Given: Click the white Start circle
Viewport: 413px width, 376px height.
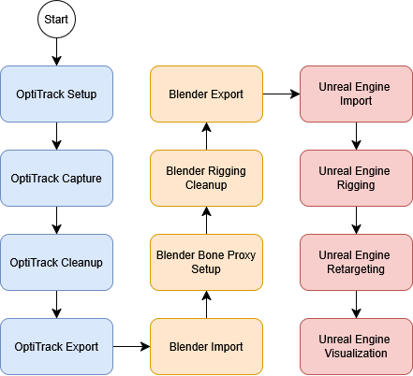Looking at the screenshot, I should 56,20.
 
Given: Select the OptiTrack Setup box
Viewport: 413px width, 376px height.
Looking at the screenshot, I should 56,94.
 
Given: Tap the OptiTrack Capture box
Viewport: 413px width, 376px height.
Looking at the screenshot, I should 56,178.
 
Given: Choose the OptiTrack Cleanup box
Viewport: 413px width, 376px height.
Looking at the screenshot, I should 56,262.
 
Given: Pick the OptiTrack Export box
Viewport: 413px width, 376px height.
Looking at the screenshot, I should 56,347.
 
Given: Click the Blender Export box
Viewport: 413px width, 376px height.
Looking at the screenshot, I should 206,94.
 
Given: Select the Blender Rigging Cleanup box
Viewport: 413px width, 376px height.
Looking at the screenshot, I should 206,178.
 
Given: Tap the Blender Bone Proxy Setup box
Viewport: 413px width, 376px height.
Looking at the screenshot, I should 206,262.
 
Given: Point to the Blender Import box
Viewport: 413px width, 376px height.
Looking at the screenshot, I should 206,347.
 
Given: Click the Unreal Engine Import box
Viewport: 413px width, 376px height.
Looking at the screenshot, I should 356,94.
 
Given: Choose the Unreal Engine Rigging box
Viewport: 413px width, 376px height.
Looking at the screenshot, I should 356,178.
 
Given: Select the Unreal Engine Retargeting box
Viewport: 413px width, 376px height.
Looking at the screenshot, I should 356,262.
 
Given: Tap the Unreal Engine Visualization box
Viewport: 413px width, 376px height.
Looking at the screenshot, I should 356,347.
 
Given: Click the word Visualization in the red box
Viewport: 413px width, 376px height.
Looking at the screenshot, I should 356,354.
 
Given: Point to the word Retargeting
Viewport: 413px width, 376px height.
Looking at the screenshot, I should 356,269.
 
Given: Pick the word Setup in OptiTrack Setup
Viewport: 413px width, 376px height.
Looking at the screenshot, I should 81,94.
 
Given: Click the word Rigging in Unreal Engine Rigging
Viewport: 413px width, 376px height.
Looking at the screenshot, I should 356,185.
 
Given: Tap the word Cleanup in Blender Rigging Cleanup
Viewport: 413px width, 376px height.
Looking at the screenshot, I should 206,185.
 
